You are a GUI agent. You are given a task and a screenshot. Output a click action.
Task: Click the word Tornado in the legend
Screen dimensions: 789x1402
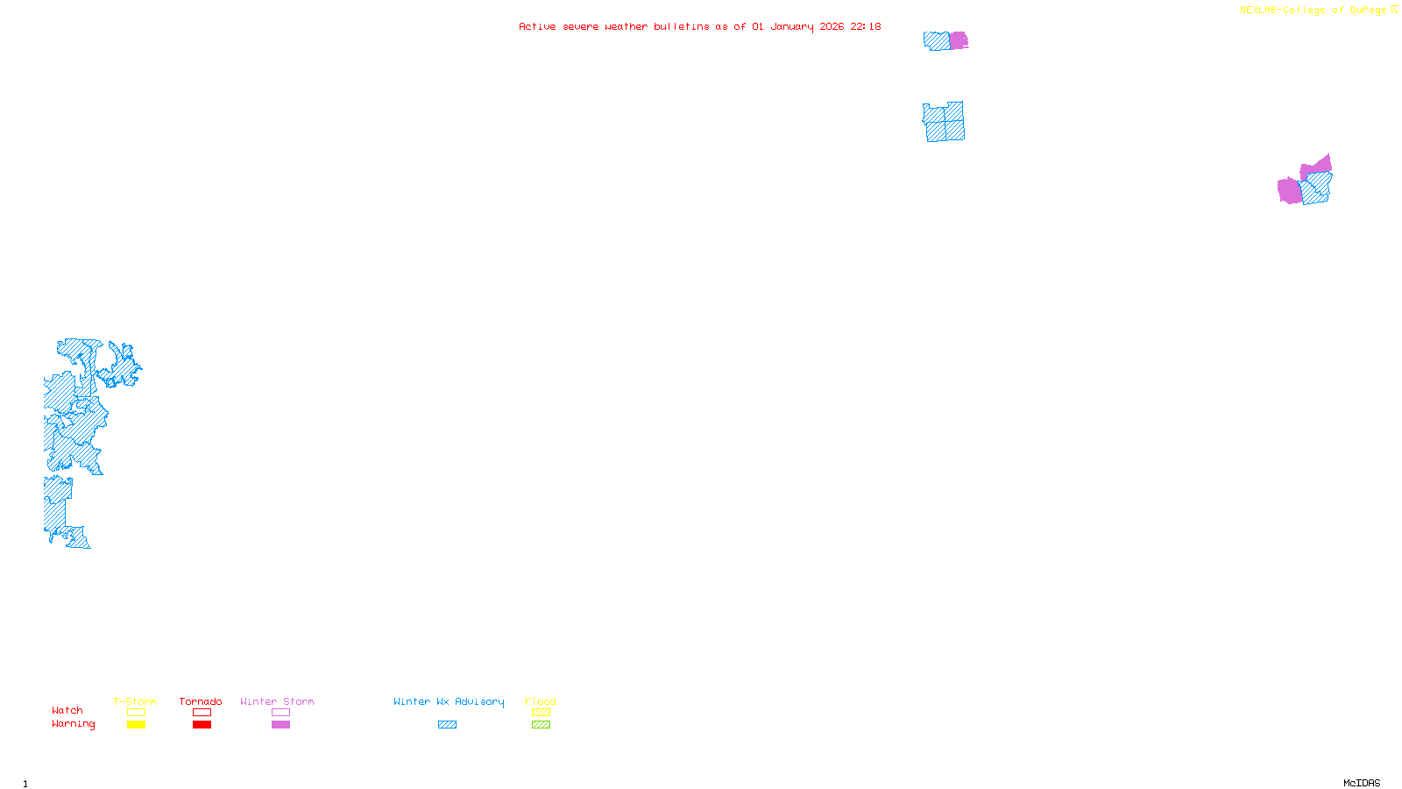coord(201,701)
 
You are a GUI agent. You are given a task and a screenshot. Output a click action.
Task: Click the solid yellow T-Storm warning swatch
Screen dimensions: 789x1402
coord(136,725)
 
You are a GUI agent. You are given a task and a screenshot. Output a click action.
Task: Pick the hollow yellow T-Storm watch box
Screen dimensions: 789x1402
coord(136,713)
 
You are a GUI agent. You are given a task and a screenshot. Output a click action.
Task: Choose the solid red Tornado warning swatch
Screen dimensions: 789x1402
coord(202,725)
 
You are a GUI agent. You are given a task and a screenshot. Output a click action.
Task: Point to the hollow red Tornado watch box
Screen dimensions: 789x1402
coord(202,713)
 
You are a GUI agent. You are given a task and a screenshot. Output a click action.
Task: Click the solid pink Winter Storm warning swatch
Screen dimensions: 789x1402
coord(280,725)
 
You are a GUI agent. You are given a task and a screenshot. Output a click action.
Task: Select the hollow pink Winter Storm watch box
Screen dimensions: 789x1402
coord(280,713)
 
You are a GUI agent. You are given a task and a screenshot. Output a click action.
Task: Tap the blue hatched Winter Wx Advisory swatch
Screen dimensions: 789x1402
coord(447,725)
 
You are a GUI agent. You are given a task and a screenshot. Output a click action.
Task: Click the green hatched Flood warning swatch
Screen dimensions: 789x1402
coord(541,725)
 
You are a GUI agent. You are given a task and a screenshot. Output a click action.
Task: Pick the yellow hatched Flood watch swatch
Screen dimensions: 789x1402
coord(541,713)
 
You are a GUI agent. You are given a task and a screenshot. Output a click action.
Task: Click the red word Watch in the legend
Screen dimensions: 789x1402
coord(67,711)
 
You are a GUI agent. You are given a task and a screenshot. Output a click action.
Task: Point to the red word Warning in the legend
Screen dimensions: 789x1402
coord(73,724)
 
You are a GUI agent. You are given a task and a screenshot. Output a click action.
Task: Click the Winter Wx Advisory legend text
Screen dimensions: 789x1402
coord(449,701)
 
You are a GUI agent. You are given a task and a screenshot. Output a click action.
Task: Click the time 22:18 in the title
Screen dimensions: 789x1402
coord(866,26)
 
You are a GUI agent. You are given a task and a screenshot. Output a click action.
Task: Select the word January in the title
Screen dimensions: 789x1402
coord(792,26)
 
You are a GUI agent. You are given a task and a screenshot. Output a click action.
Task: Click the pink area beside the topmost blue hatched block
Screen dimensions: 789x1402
coord(959,40)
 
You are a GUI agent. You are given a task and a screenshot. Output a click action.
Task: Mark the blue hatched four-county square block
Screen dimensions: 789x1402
coord(944,122)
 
